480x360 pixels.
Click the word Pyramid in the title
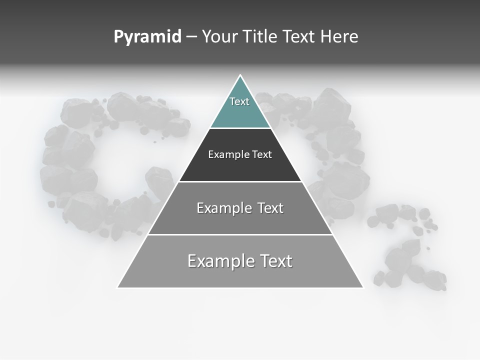click(x=147, y=37)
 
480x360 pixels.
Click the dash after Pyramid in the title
click(x=191, y=37)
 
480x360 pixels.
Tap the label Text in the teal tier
click(x=239, y=101)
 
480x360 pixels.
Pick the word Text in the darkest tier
click(x=262, y=154)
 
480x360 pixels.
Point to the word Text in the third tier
click(x=270, y=208)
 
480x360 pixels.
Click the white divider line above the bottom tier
click(x=240, y=234)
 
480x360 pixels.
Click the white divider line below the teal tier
click(x=240, y=128)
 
